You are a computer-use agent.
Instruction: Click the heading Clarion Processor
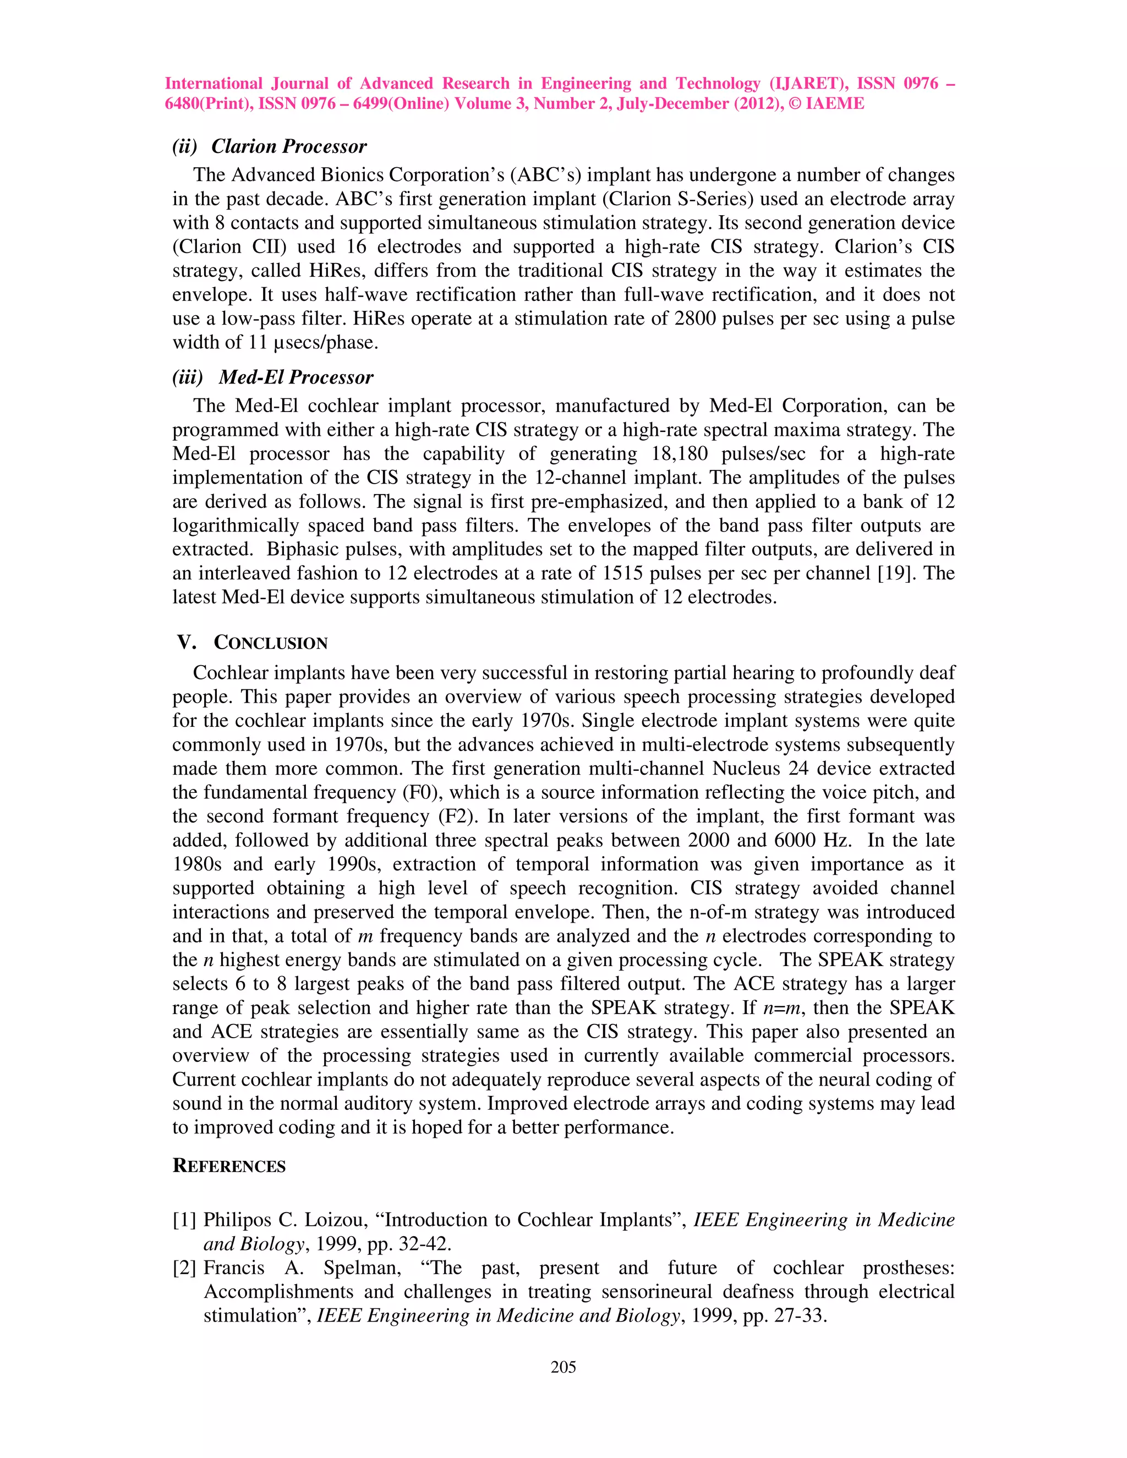coord(288,146)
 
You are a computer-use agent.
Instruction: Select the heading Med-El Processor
coord(295,377)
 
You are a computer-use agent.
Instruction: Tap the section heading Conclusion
coord(270,642)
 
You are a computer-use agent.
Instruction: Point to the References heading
coord(229,1166)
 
